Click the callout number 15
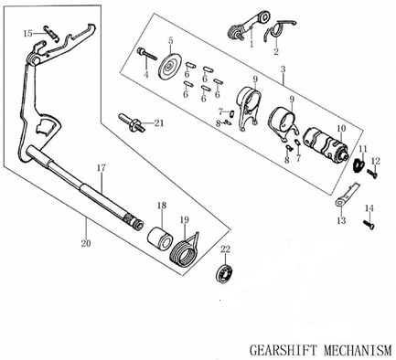point(27,34)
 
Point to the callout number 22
point(226,249)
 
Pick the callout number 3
point(284,70)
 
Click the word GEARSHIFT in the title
point(286,350)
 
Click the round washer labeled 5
point(168,69)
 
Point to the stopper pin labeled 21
point(132,122)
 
